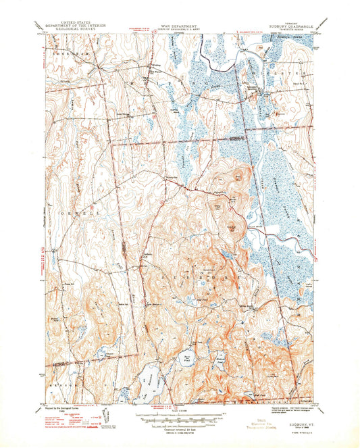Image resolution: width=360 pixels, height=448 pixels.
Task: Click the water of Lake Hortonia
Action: click(x=149, y=376)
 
